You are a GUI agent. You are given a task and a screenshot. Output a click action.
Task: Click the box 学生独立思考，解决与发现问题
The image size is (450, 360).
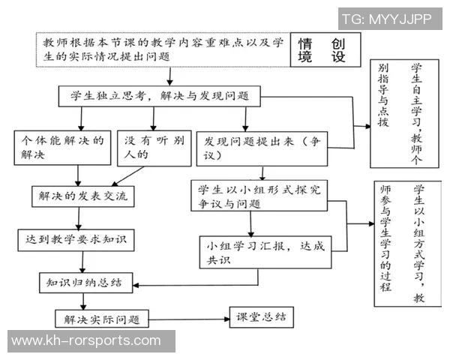pyautogui.click(x=160, y=96)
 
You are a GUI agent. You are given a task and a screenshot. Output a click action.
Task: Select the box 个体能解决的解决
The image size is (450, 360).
pyautogui.click(x=61, y=148)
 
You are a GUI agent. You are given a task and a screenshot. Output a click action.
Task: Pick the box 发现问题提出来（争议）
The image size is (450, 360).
pyautogui.click(x=257, y=148)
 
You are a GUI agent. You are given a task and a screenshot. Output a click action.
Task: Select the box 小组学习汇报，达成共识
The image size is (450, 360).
pyautogui.click(x=264, y=252)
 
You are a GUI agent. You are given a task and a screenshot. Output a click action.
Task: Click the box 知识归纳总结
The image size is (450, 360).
pyautogui.click(x=85, y=283)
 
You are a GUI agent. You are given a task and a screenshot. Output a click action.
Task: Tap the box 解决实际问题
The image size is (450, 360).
pyautogui.click(x=101, y=319)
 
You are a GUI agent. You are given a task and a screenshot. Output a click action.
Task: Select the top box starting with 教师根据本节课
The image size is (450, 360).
pyautogui.click(x=163, y=49)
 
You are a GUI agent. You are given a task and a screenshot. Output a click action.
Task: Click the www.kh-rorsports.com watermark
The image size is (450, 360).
pyautogui.click(x=86, y=341)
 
